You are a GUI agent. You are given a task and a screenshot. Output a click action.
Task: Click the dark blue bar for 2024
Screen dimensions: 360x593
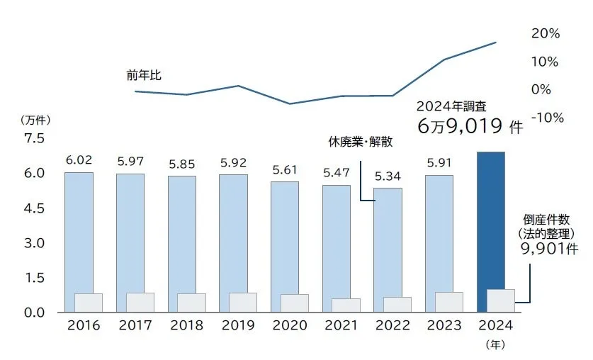click(x=490, y=220)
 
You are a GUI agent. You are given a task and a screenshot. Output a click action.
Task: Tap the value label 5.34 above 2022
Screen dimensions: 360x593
click(x=388, y=176)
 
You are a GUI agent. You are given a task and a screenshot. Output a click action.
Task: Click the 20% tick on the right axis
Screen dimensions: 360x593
click(x=546, y=33)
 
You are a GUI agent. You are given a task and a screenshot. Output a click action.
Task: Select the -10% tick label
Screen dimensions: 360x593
click(x=546, y=118)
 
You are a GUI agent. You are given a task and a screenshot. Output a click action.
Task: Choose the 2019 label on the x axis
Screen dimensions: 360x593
click(x=238, y=326)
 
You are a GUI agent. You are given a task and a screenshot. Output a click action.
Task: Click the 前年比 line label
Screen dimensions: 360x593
click(x=144, y=74)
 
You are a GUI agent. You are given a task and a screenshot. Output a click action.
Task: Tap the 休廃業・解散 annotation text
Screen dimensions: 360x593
click(x=360, y=141)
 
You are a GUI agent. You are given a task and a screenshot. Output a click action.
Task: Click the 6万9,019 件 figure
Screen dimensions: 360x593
click(x=470, y=128)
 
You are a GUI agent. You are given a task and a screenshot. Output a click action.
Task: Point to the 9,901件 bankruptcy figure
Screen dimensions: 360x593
click(x=550, y=249)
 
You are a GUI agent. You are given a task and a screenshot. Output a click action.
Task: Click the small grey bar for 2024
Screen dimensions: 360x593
click(x=500, y=300)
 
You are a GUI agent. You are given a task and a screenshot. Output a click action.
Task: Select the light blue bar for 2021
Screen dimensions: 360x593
click(x=336, y=241)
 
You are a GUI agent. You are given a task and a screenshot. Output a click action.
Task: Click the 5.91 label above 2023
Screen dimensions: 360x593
click(x=439, y=162)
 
